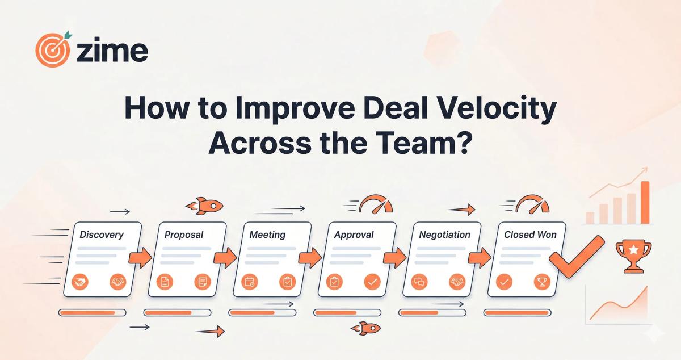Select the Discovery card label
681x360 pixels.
click(102, 234)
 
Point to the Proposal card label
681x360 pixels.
click(184, 234)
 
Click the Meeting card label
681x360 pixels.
click(267, 234)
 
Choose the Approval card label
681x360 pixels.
click(354, 234)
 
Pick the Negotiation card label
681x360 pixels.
click(444, 234)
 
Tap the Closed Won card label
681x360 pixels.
click(530, 234)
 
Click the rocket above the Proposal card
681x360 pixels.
click(204, 206)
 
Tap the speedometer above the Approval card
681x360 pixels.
click(376, 204)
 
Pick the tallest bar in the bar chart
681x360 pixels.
click(645, 202)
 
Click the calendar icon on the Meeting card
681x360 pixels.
click(249, 281)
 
